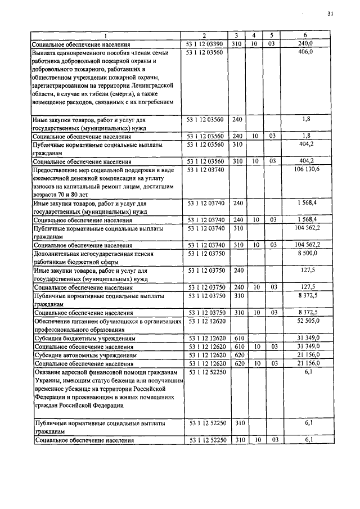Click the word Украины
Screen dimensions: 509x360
pyautogui.click(x=48, y=380)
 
